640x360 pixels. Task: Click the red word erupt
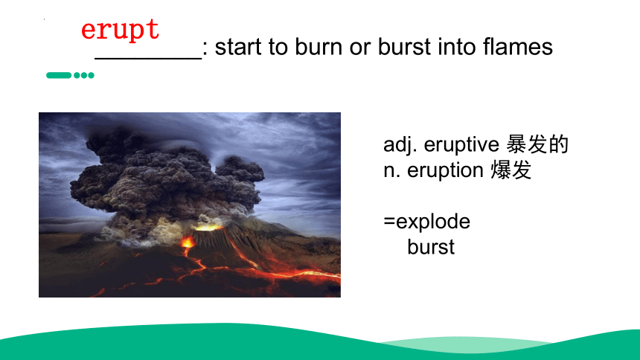120,30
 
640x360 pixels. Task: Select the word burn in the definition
319,47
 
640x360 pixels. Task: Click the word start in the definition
238,47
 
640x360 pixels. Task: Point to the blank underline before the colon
148,59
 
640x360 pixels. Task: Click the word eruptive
461,144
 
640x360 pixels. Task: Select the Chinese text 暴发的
537,144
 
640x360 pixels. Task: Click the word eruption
445,170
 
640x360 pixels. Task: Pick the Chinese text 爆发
511,170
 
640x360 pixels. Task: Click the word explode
433,221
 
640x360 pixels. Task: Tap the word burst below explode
431,247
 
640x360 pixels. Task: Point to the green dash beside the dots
59,75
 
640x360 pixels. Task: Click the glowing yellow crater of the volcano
208,227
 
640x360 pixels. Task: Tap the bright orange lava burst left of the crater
188,242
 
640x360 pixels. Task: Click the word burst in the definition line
401,47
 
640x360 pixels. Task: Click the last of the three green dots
91,75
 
